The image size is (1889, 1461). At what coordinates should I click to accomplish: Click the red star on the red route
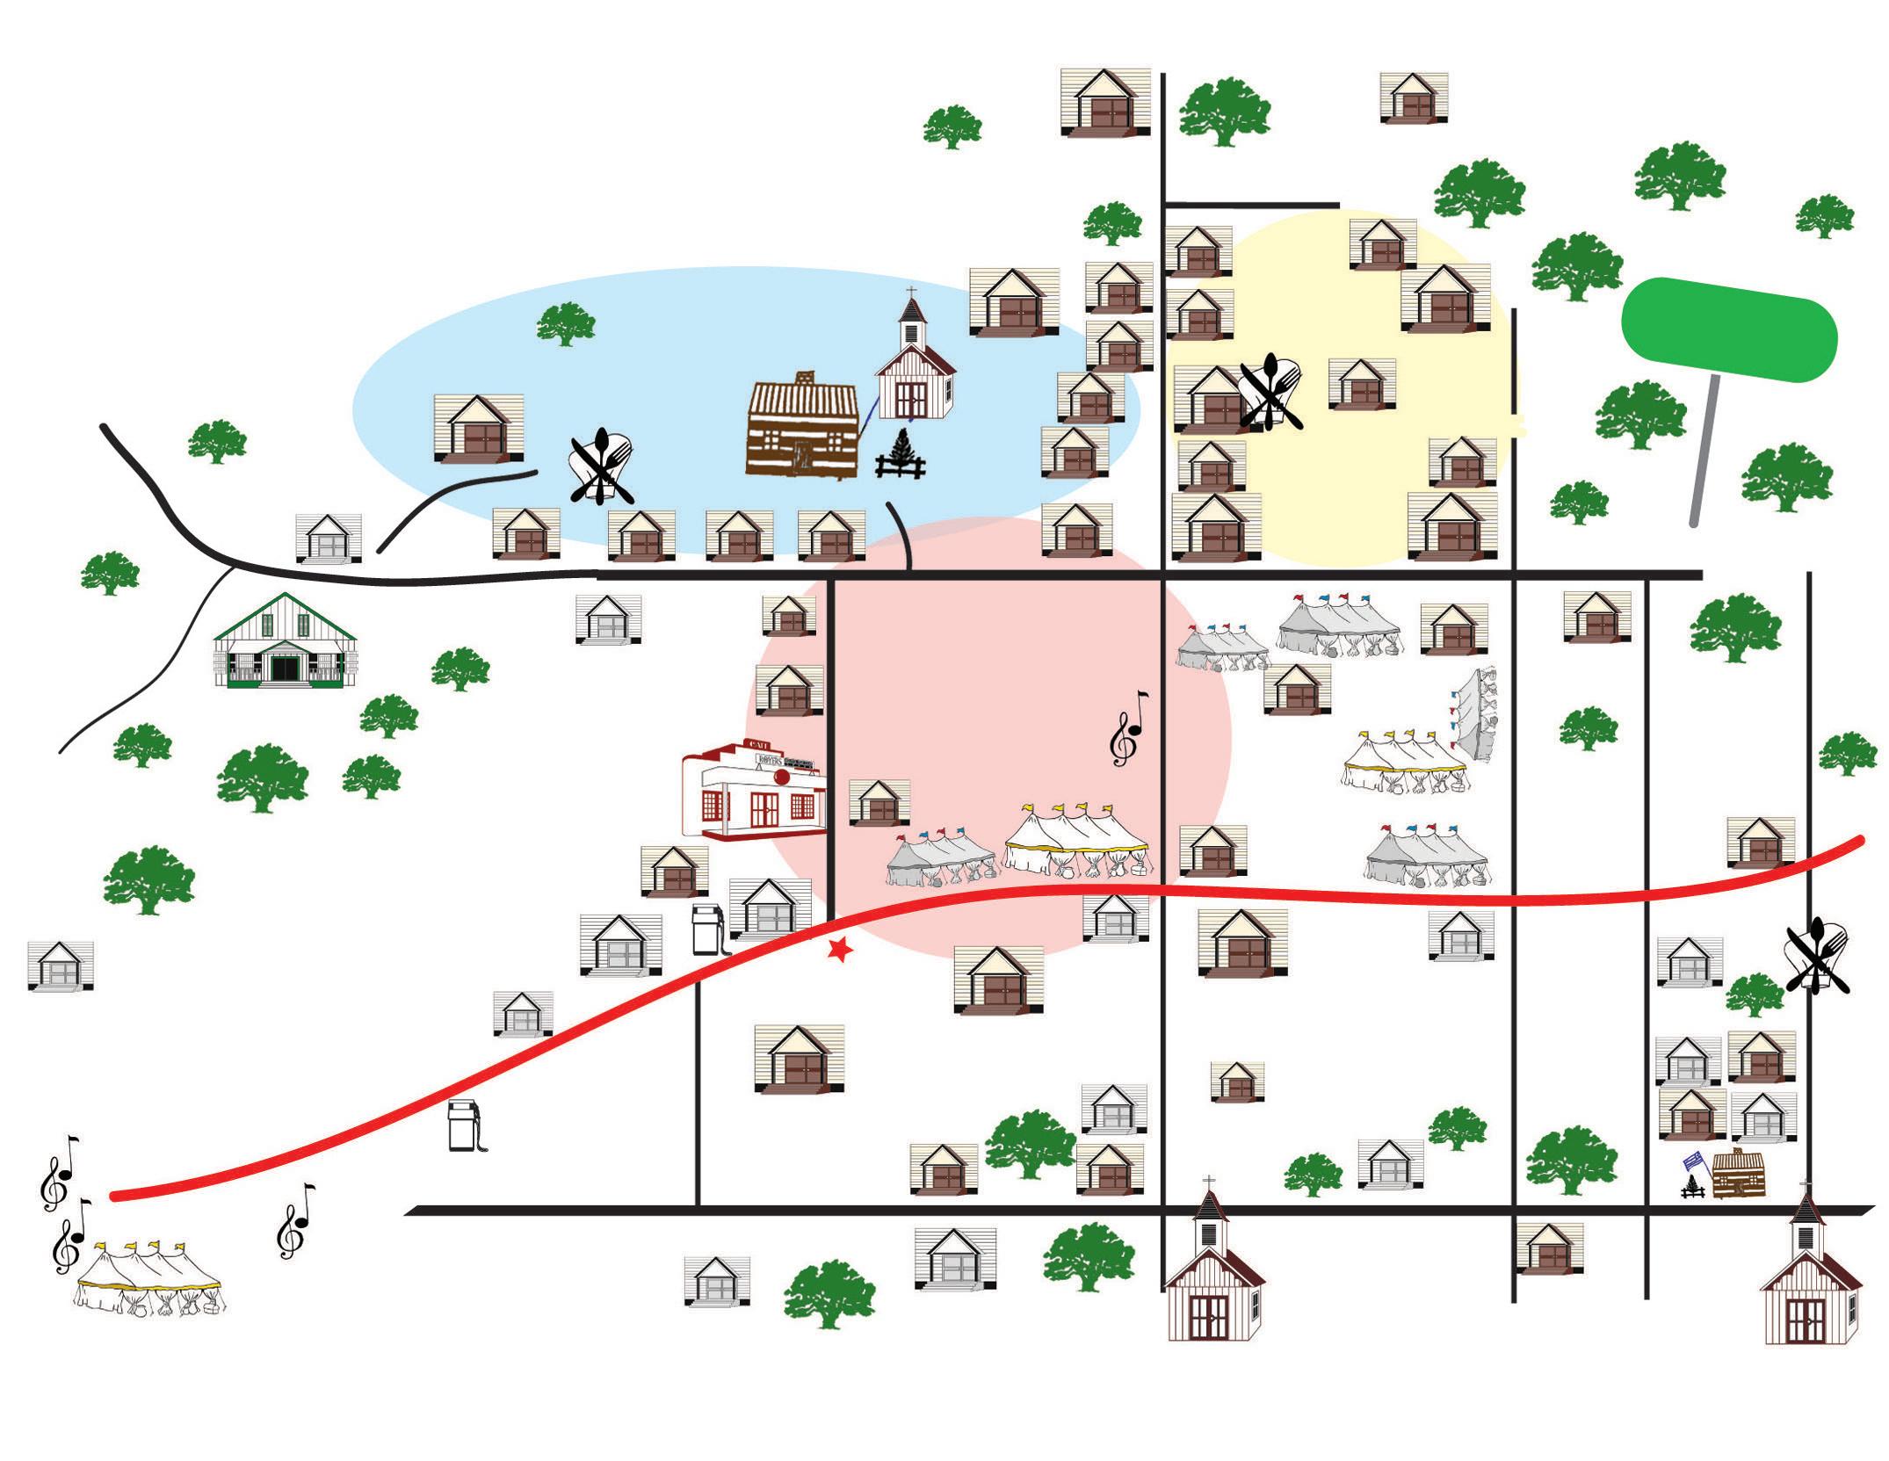pyautogui.click(x=841, y=950)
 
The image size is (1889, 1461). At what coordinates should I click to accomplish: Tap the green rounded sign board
pyautogui.click(x=1728, y=329)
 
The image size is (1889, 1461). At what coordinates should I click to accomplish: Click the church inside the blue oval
pyautogui.click(x=915, y=369)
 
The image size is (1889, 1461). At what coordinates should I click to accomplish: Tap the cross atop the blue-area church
pyautogui.click(x=911, y=293)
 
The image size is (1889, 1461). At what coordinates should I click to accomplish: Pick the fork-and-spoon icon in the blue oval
pyautogui.click(x=602, y=466)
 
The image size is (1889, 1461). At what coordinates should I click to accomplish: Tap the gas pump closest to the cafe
pyautogui.click(x=708, y=929)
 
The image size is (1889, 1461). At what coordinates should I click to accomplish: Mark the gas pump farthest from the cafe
pyautogui.click(x=464, y=1125)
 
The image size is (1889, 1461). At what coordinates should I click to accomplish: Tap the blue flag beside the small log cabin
pyautogui.click(x=1692, y=1161)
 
